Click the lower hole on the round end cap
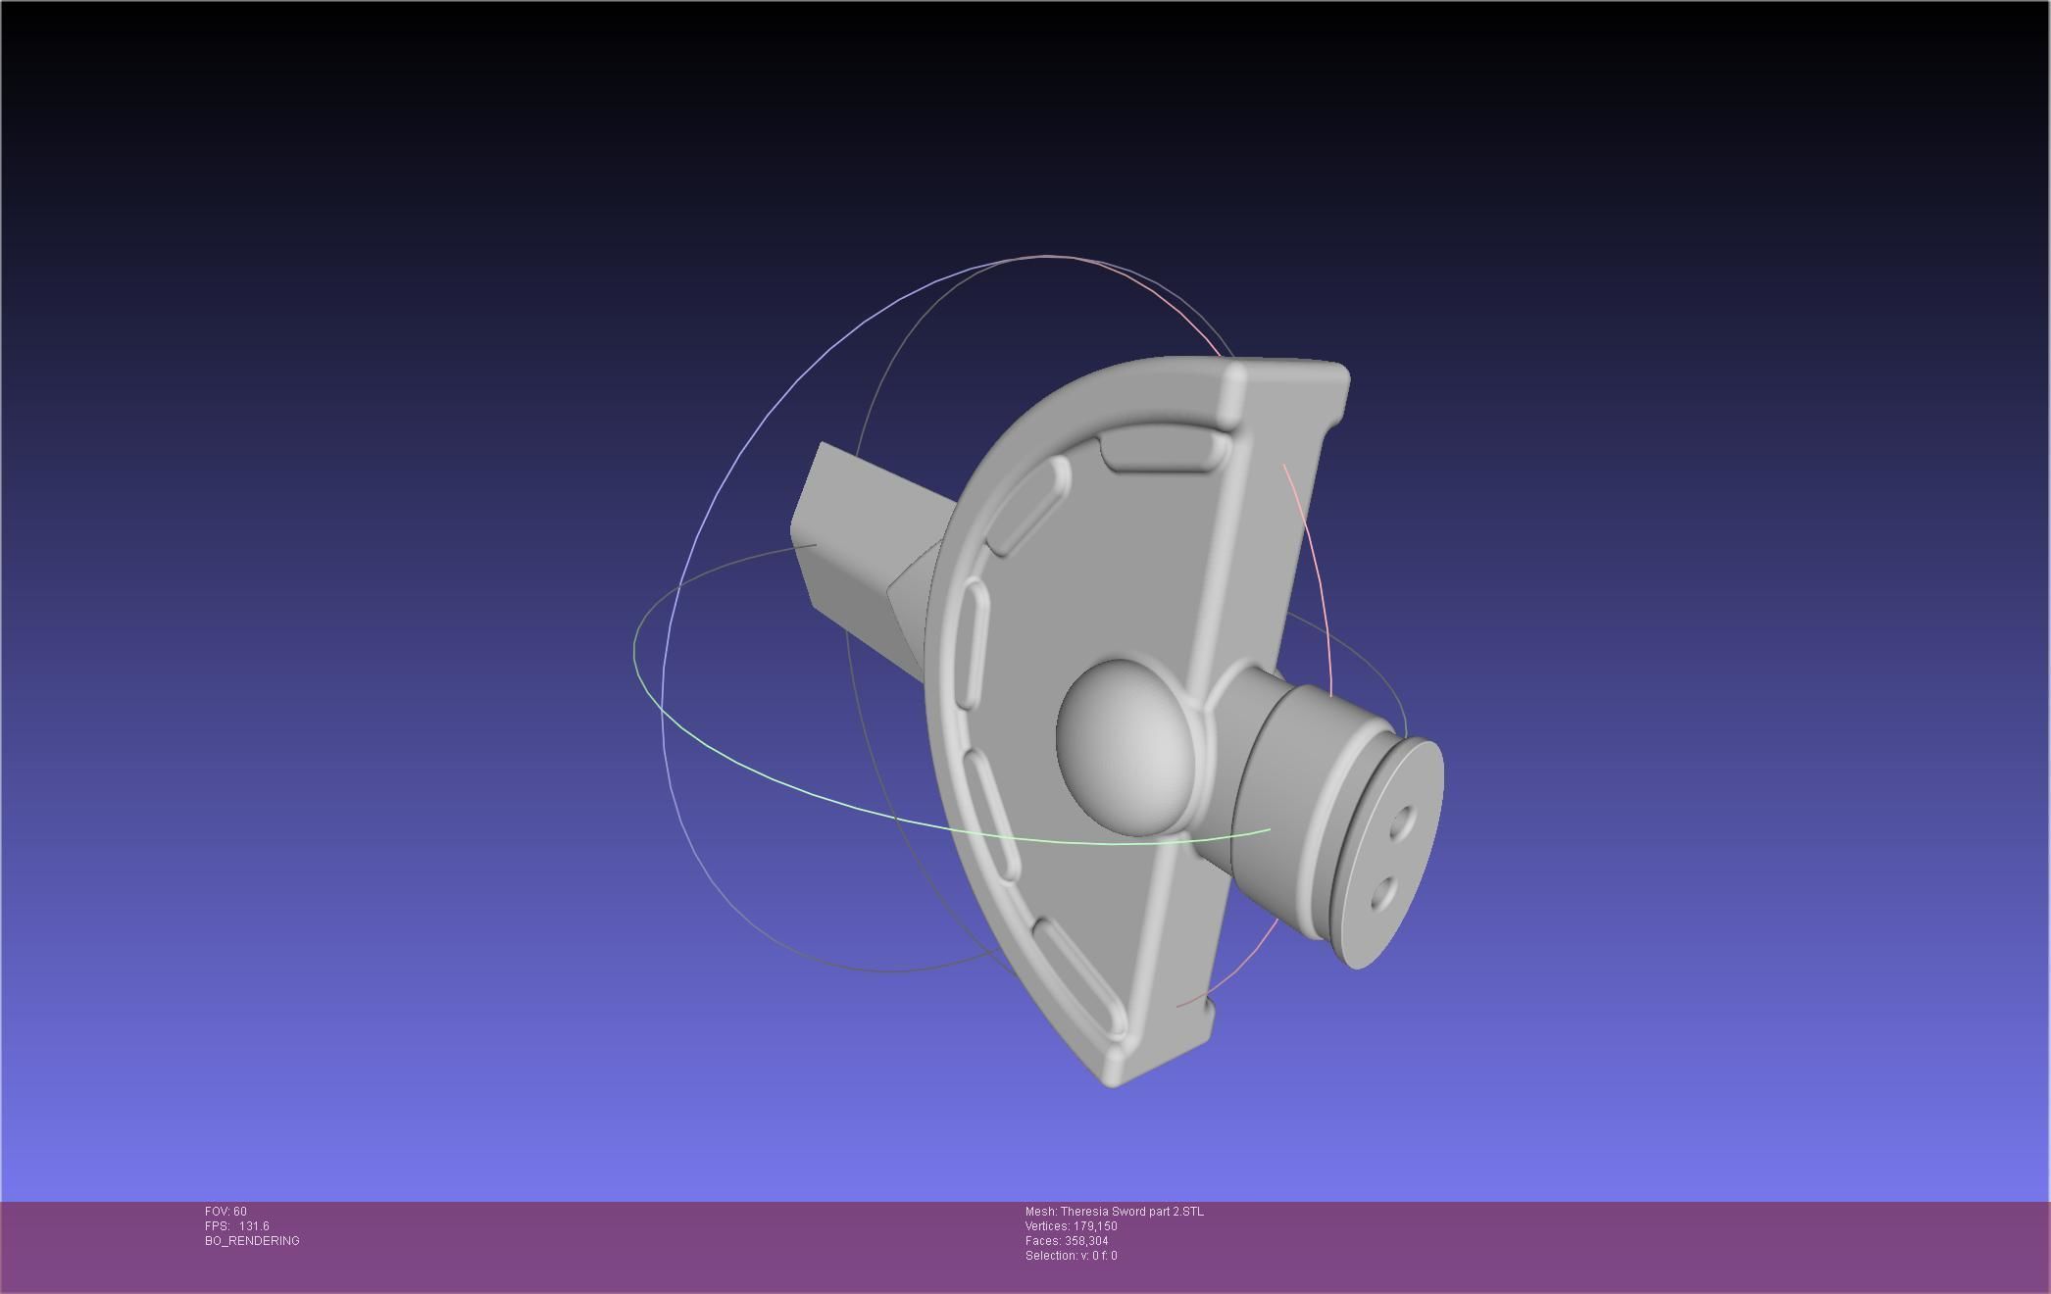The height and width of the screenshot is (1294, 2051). [x=1383, y=893]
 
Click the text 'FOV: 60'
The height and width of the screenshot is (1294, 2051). [x=225, y=1212]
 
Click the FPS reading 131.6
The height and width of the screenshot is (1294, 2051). [x=253, y=1226]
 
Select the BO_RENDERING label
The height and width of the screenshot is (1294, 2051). [x=252, y=1241]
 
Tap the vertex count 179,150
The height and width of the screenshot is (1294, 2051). [x=1095, y=1226]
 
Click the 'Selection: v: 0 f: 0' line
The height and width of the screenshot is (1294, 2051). [x=1071, y=1256]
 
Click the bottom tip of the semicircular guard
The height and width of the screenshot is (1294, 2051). [x=1113, y=1078]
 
